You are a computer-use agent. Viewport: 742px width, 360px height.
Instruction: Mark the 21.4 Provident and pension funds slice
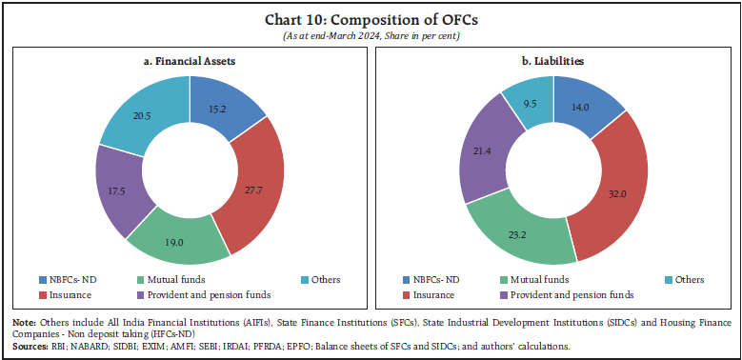pyautogui.click(x=487, y=162)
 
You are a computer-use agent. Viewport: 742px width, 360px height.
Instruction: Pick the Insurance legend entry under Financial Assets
pyautogui.click(x=75, y=294)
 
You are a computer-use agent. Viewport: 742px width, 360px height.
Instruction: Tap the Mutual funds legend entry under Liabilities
pyautogui.click(x=535, y=280)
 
